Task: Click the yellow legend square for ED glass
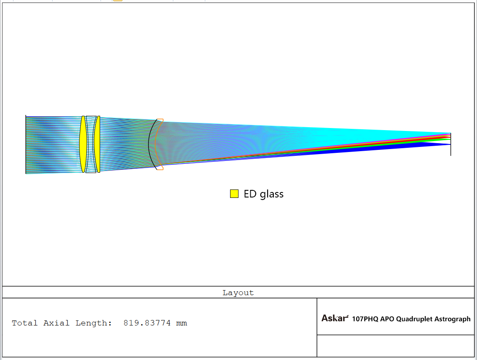(234, 194)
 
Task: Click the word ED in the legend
(250, 194)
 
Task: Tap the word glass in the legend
(272, 194)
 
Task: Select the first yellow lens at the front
(83, 144)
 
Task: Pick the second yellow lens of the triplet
(97, 144)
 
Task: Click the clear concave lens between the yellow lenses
(91, 144)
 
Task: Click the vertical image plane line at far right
(450, 144)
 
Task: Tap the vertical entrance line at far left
(26, 144)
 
